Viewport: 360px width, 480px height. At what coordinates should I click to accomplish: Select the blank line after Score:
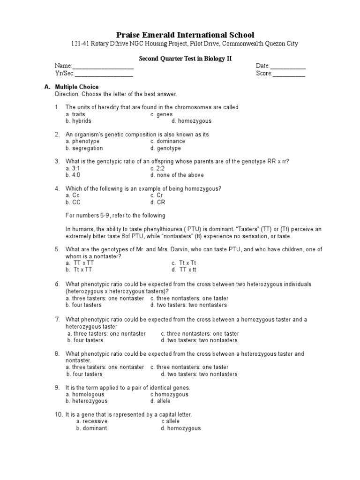pos(289,74)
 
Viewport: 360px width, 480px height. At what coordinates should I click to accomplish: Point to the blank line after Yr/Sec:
pos(104,74)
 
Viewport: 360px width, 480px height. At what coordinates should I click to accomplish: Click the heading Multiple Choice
pos(77,87)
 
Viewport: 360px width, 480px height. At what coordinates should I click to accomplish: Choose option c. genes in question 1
pos(161,114)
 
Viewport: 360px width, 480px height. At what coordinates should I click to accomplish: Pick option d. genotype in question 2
pos(165,148)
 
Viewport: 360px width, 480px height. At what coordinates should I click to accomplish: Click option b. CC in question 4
pos(73,202)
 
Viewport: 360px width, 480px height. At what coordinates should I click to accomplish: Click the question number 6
pos(57,285)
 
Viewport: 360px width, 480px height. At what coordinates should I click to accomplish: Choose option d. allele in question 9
pos(160,401)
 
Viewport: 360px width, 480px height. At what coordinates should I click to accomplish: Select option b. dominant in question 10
pos(91,428)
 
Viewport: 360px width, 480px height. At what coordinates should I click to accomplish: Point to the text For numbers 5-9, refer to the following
pos(115,216)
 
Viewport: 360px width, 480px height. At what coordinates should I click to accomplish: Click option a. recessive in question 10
pos(92,421)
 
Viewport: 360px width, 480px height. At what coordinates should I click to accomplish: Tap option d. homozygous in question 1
pos(191,121)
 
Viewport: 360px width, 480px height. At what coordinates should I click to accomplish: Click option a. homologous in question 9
pos(85,395)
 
